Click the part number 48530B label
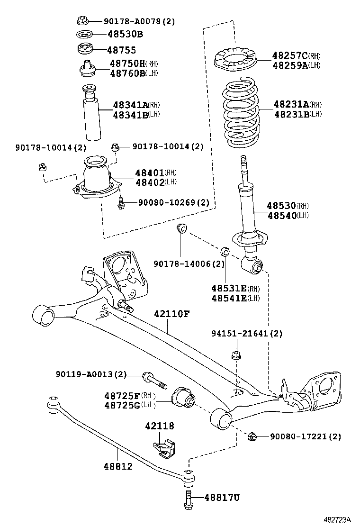point(125,35)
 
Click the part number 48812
point(118,466)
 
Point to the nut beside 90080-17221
point(252,436)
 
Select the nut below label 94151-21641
point(236,355)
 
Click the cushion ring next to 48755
point(84,49)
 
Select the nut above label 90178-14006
point(182,229)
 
